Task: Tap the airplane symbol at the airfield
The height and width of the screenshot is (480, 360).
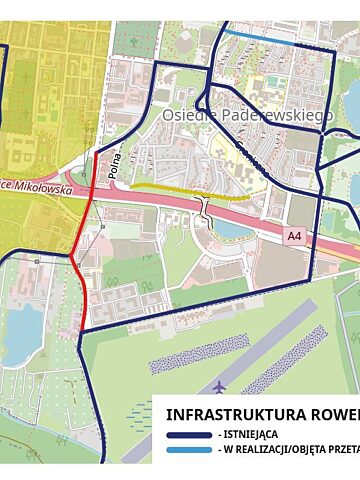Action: (x=220, y=385)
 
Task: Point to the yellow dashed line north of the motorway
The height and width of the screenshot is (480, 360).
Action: (x=190, y=190)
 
